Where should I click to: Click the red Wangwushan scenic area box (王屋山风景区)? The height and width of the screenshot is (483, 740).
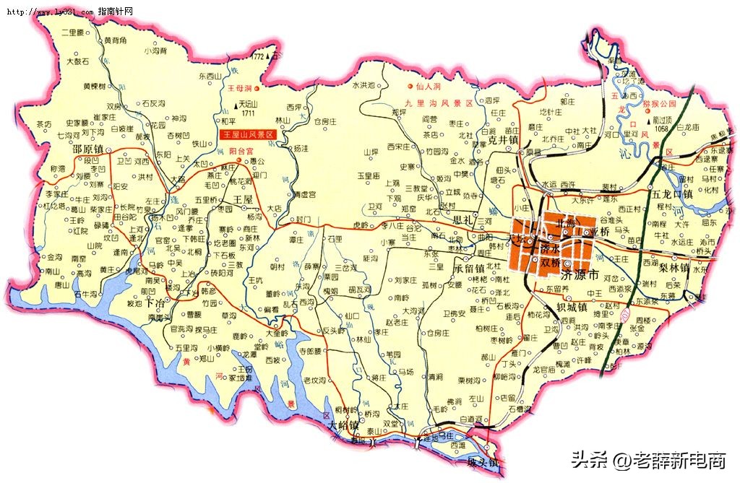click(249, 135)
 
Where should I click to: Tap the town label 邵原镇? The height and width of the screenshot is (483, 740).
click(90, 149)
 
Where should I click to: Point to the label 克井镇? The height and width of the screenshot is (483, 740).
click(503, 140)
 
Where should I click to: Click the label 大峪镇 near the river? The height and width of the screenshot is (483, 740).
click(343, 426)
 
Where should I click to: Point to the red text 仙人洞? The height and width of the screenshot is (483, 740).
click(429, 86)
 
